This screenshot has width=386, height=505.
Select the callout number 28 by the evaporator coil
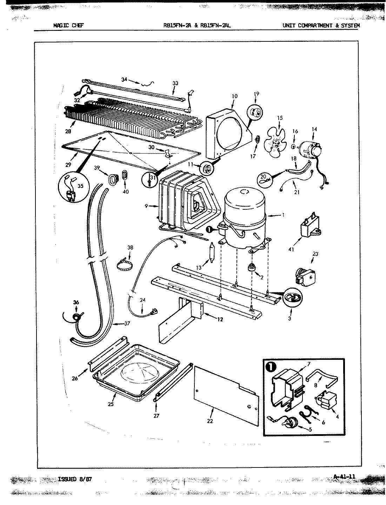click(68, 132)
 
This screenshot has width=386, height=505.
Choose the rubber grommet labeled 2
click(252, 268)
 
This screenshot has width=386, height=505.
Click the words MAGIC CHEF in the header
click(68, 25)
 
